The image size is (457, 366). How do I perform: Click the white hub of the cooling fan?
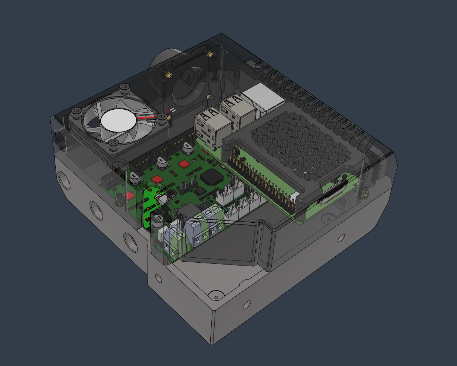point(119,121)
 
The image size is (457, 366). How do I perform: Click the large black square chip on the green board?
point(211,178)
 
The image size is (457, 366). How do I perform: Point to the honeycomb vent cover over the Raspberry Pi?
point(300,143)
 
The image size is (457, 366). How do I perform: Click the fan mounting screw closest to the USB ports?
point(161,117)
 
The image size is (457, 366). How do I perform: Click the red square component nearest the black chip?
point(184,164)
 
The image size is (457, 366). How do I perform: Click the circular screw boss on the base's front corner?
point(215,296)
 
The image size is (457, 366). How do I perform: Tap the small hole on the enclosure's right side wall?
point(341,237)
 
